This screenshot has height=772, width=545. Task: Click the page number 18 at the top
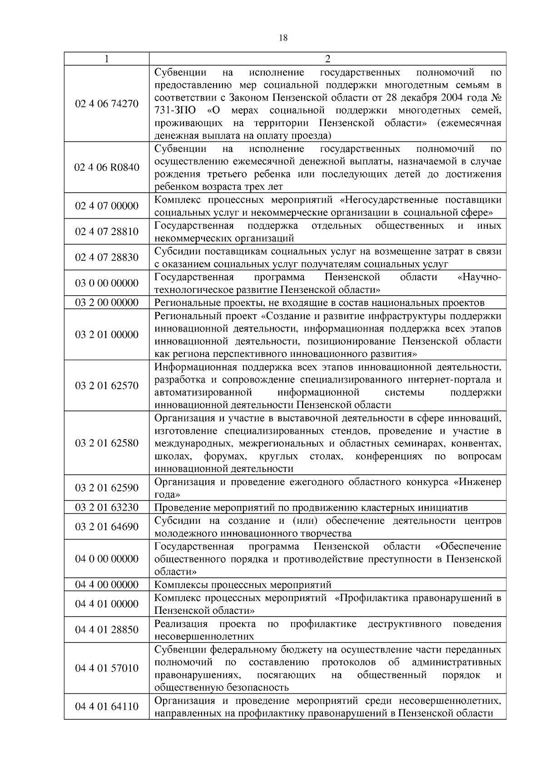pos(282,38)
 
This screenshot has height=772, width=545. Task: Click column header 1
pos(106,59)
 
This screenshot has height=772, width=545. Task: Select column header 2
pos(327,59)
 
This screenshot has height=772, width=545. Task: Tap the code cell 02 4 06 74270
pos(106,104)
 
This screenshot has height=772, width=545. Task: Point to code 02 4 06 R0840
pos(106,167)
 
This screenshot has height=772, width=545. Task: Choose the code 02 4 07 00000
pos(106,206)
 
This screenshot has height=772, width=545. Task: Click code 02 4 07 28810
pos(106,232)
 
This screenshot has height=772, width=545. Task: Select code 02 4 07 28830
pos(106,257)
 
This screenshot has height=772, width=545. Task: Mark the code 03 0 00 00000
pos(106,283)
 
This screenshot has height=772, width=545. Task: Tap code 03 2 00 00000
pos(106,303)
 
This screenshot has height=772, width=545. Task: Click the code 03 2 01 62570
pos(106,386)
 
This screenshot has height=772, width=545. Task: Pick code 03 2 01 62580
pos(106,443)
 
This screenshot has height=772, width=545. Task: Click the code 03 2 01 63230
pos(106,507)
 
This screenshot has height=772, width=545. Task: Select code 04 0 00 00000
pos(106,559)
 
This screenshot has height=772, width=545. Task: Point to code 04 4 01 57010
pos(106,668)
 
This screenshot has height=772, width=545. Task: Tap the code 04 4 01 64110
pos(106,706)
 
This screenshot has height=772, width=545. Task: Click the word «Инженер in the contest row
pos(477,482)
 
